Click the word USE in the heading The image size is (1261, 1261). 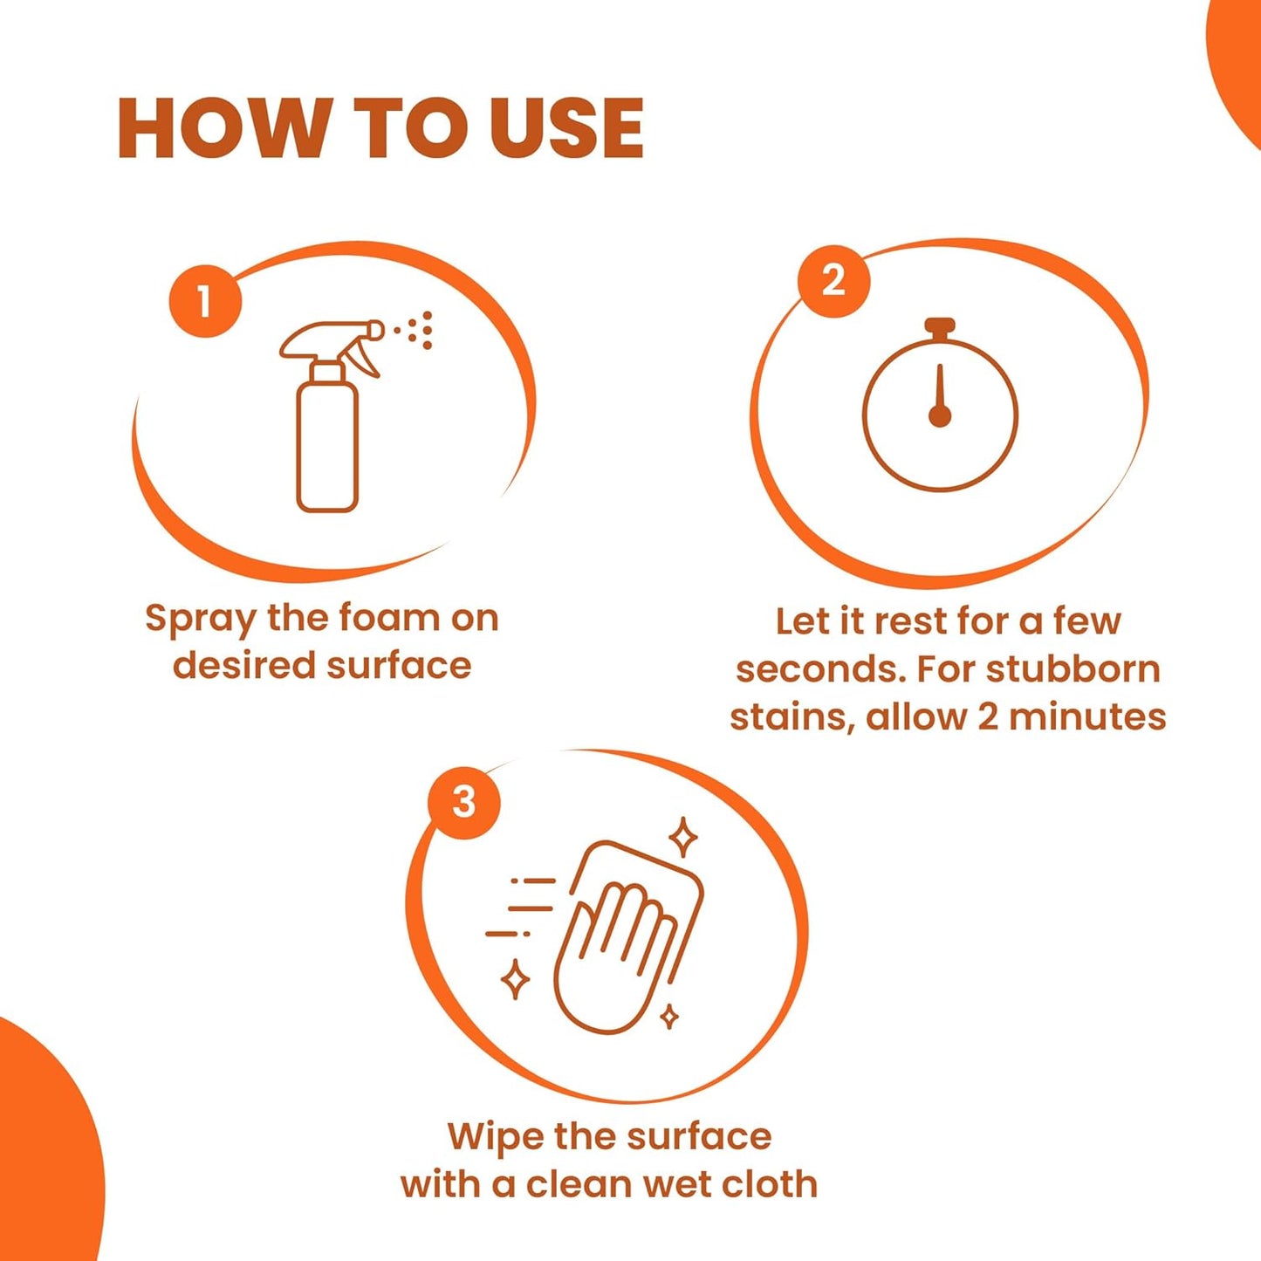click(x=565, y=128)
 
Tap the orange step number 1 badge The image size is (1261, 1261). click(x=205, y=301)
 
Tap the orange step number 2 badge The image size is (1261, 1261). click(x=833, y=280)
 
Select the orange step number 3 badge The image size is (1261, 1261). click(x=463, y=802)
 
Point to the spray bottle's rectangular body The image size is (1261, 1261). click(x=327, y=445)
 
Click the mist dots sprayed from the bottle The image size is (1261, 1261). click(x=417, y=330)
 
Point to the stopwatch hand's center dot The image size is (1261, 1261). click(x=940, y=416)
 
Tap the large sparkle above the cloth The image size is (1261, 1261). click(x=683, y=838)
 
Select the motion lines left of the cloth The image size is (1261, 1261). click(x=522, y=908)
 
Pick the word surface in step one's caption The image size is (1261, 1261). click(x=399, y=666)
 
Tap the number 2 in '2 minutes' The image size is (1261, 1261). click(x=987, y=717)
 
